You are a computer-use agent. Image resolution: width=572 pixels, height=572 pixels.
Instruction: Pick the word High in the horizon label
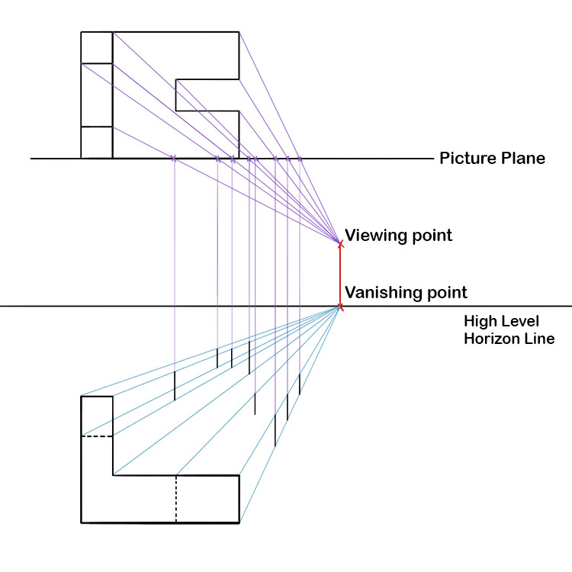tap(480, 321)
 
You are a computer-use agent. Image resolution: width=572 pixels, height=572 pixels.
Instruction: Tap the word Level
tap(520, 321)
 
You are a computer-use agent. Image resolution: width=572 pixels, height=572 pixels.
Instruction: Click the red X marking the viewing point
tap(341, 243)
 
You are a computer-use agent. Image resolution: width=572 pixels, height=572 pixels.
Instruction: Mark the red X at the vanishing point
tap(340, 307)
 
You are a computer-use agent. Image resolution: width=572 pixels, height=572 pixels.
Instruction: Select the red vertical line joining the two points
tap(341, 275)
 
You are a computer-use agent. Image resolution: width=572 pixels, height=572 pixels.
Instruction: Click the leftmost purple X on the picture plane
tap(175, 158)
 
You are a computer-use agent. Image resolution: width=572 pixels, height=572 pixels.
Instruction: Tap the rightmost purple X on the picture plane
tap(300, 159)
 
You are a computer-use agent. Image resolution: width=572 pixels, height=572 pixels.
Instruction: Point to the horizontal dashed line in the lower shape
tap(97, 436)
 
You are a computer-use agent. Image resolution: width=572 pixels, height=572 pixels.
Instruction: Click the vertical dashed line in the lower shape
tap(176, 499)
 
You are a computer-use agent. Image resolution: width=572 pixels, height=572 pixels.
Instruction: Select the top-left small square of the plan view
tap(97, 47)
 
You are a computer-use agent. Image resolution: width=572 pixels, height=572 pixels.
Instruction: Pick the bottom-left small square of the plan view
tap(97, 142)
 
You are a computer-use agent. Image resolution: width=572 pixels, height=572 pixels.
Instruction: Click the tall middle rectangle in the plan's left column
tap(97, 95)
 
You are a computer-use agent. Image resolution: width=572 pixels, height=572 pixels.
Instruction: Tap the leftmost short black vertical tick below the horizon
tap(175, 386)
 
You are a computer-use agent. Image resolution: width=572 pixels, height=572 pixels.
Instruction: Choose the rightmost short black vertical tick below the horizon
tap(300, 384)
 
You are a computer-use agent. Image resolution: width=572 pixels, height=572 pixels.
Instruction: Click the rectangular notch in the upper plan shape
tap(207, 95)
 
